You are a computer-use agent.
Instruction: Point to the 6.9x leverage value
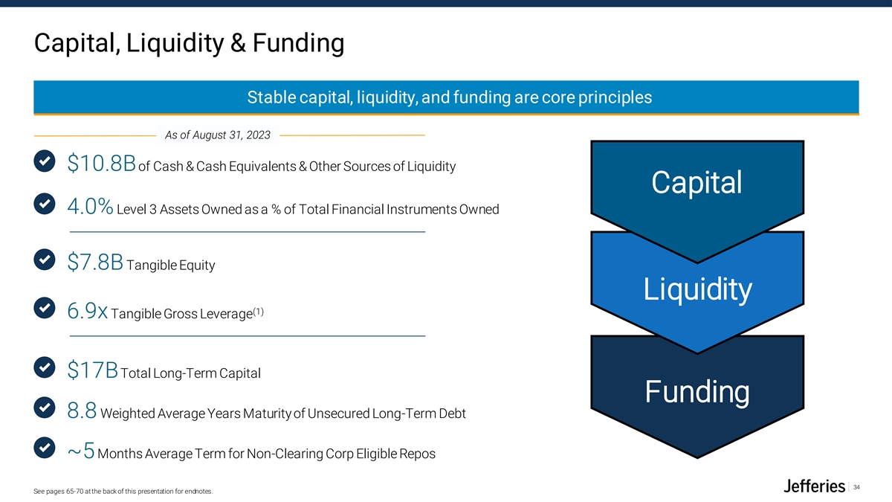click(x=87, y=311)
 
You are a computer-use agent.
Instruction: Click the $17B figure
click(x=92, y=370)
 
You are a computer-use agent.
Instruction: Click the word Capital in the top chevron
click(x=697, y=182)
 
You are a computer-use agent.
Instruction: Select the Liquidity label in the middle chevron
click(x=697, y=289)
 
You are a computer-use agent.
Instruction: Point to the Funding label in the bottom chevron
click(x=697, y=391)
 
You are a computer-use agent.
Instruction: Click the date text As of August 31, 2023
click(x=217, y=135)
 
